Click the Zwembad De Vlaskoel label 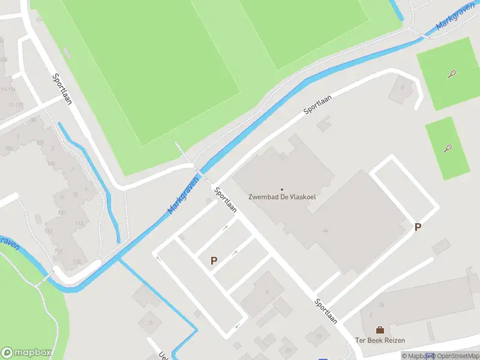[282, 197]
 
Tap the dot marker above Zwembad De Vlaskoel [282, 189]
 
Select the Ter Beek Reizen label [380, 340]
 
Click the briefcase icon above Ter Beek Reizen [380, 330]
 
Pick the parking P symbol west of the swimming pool [213, 260]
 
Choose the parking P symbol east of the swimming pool [418, 227]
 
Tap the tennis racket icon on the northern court [452, 74]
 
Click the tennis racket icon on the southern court [448, 148]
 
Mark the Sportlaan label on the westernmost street [62, 89]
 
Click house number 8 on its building [403, 86]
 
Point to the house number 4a [325, 230]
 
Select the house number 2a [381, 304]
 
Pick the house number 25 [318, 335]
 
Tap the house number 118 [76, 262]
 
